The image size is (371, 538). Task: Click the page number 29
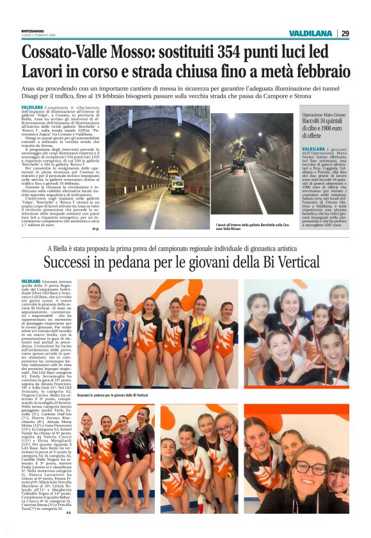tap(345, 33)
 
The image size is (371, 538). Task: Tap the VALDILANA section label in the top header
tap(310, 33)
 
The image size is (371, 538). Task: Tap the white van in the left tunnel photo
tap(177, 185)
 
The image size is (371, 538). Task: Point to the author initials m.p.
tap(95, 229)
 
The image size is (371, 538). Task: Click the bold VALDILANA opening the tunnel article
tap(32, 107)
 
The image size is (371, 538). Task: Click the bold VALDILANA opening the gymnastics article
tap(32, 281)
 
